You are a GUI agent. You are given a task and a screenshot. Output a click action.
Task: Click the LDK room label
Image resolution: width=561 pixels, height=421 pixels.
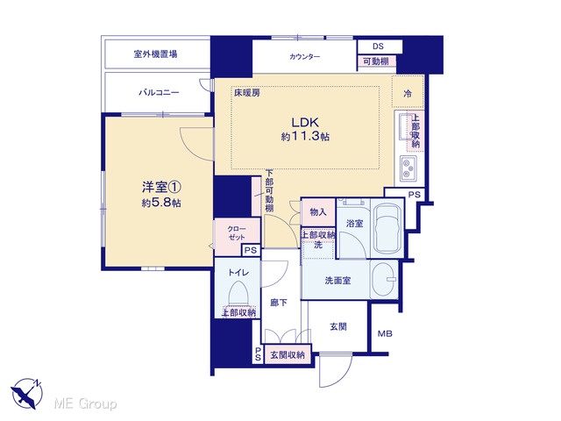coord(305,123)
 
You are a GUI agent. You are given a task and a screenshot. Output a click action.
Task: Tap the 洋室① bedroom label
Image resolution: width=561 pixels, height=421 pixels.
coord(161,187)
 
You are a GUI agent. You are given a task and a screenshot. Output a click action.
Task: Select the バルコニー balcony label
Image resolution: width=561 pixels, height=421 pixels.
coord(159,93)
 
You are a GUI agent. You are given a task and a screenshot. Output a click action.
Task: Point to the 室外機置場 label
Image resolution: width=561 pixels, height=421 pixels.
coord(156,54)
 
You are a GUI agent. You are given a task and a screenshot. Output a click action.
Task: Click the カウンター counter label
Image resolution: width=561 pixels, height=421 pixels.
coord(305,56)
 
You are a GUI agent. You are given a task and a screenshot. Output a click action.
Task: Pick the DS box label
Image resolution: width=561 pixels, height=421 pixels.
coord(378,46)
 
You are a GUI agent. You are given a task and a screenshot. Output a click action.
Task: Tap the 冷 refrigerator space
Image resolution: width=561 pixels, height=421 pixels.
coord(408,94)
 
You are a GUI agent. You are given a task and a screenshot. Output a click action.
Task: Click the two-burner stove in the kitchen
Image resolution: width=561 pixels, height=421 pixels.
coord(408,168)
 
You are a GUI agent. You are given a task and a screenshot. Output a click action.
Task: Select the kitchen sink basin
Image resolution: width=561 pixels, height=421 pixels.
coord(405,127)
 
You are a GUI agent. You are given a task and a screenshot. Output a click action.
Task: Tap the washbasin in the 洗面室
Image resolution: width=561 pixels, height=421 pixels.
coord(384,279)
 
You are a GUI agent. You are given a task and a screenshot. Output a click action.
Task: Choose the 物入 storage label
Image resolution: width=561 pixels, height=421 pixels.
coord(318,212)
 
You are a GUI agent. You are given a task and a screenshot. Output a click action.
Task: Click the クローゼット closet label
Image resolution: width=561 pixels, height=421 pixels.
coord(237,232)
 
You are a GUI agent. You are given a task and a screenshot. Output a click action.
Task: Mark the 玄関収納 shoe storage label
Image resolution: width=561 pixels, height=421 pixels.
coord(288,354)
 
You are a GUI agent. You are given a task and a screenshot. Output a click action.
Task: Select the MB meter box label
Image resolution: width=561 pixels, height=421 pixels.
coord(385,333)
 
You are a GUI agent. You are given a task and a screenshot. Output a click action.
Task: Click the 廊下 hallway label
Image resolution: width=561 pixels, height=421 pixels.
coord(279,303)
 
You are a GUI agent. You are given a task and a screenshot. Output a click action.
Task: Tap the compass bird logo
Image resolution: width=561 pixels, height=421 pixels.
coord(26,393)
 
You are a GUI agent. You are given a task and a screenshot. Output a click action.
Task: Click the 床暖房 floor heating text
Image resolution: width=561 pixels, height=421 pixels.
coord(247,93)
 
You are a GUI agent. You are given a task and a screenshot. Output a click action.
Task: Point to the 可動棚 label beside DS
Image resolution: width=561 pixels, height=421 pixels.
coord(376,61)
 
